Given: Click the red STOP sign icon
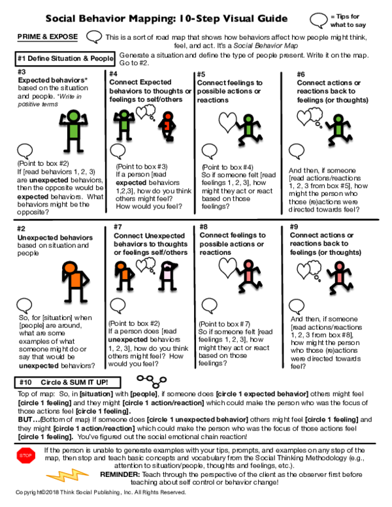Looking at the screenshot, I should [x=25, y=455].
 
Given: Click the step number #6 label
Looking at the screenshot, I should [x=301, y=74].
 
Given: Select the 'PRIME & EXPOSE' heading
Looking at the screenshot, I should [x=47, y=36].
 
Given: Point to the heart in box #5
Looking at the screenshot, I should [x=228, y=122].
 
